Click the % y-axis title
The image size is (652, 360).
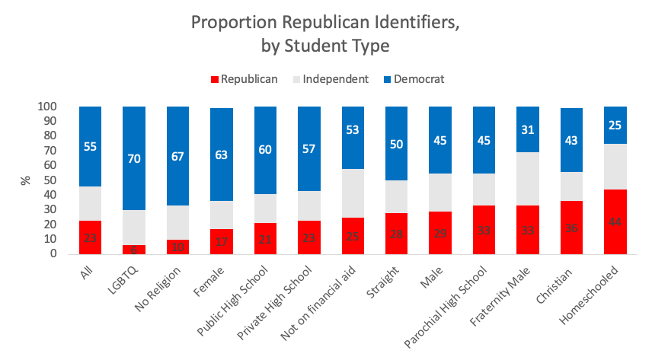pyautogui.click(x=26, y=180)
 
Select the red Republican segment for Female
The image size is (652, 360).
pyautogui.click(x=222, y=241)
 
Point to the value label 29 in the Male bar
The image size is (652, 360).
pyautogui.click(x=439, y=234)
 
